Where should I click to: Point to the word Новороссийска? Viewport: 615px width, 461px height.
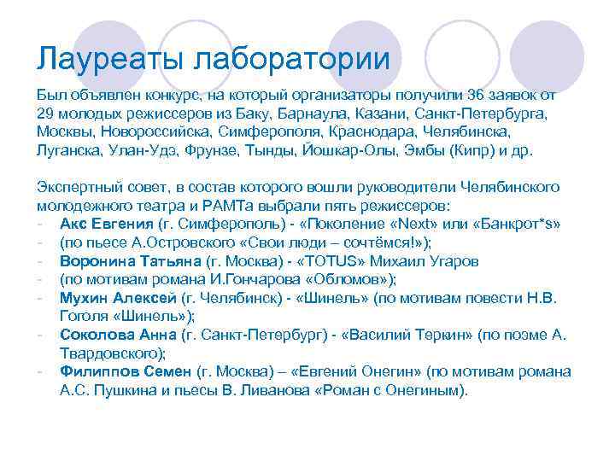coord(152,133)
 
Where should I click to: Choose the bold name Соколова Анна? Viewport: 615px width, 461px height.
coord(109,335)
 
